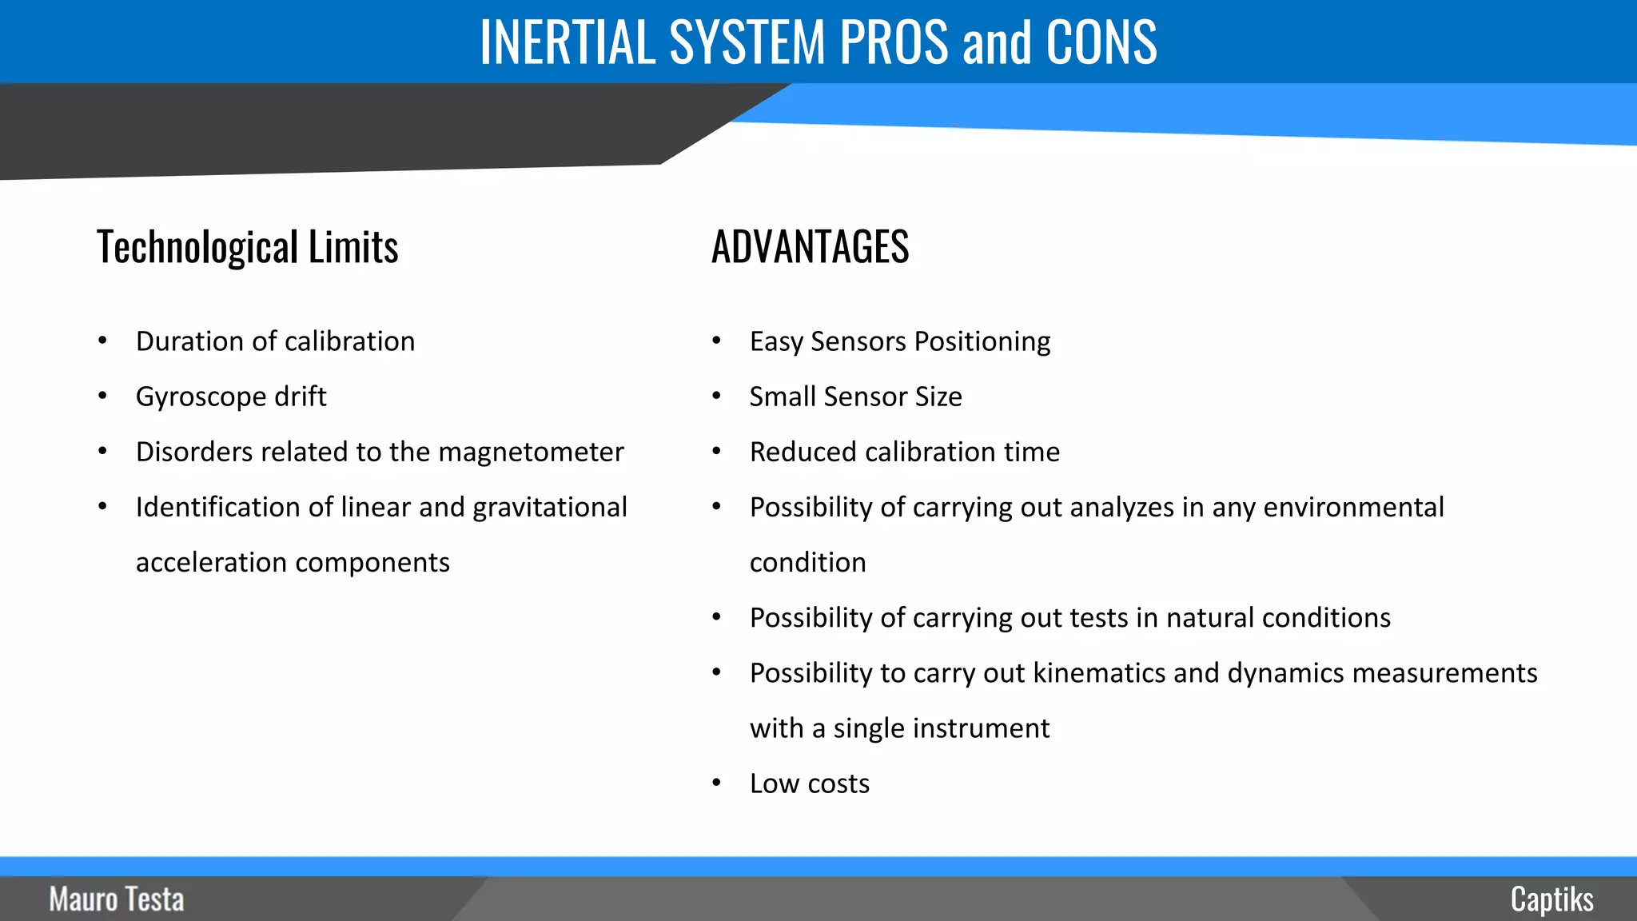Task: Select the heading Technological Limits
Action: pos(247,247)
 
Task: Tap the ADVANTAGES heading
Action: pos(810,246)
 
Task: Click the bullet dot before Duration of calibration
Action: pos(102,341)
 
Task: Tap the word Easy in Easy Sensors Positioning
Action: pos(775,342)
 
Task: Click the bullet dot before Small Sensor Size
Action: pos(716,397)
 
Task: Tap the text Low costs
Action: pos(809,783)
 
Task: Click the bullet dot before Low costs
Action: pos(716,783)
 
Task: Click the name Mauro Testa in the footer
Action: pos(117,899)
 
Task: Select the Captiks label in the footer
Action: pos(1551,899)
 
